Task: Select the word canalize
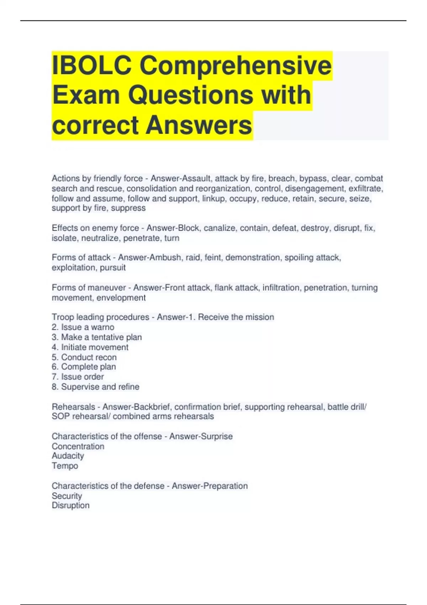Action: (x=220, y=228)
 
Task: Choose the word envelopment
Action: (x=121, y=298)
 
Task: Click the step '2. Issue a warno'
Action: (x=83, y=327)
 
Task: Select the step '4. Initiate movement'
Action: (x=90, y=347)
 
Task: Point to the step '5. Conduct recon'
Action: (x=84, y=357)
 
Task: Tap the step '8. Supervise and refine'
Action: (x=95, y=386)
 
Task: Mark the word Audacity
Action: (x=68, y=456)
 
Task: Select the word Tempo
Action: (x=65, y=466)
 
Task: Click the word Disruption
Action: (x=70, y=505)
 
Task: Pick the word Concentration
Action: (x=78, y=446)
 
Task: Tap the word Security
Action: (x=67, y=496)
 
